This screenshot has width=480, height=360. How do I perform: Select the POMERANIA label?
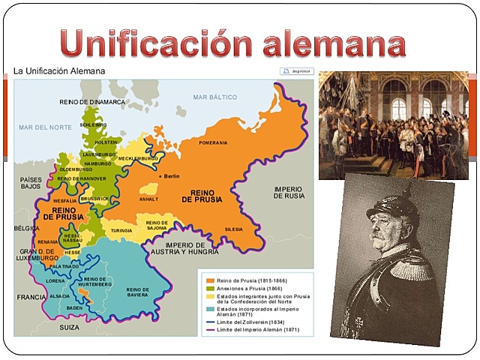214,142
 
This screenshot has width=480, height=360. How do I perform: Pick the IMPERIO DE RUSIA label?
289,192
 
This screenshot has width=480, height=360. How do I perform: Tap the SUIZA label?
70,328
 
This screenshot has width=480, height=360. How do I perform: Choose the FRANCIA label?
32,297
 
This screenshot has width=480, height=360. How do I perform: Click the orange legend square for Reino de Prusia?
211,280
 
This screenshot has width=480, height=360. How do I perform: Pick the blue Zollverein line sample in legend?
211,321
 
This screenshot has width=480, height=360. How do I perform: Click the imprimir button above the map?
296,72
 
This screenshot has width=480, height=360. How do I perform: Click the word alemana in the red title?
334,42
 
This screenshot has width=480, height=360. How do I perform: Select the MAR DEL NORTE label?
46,127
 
